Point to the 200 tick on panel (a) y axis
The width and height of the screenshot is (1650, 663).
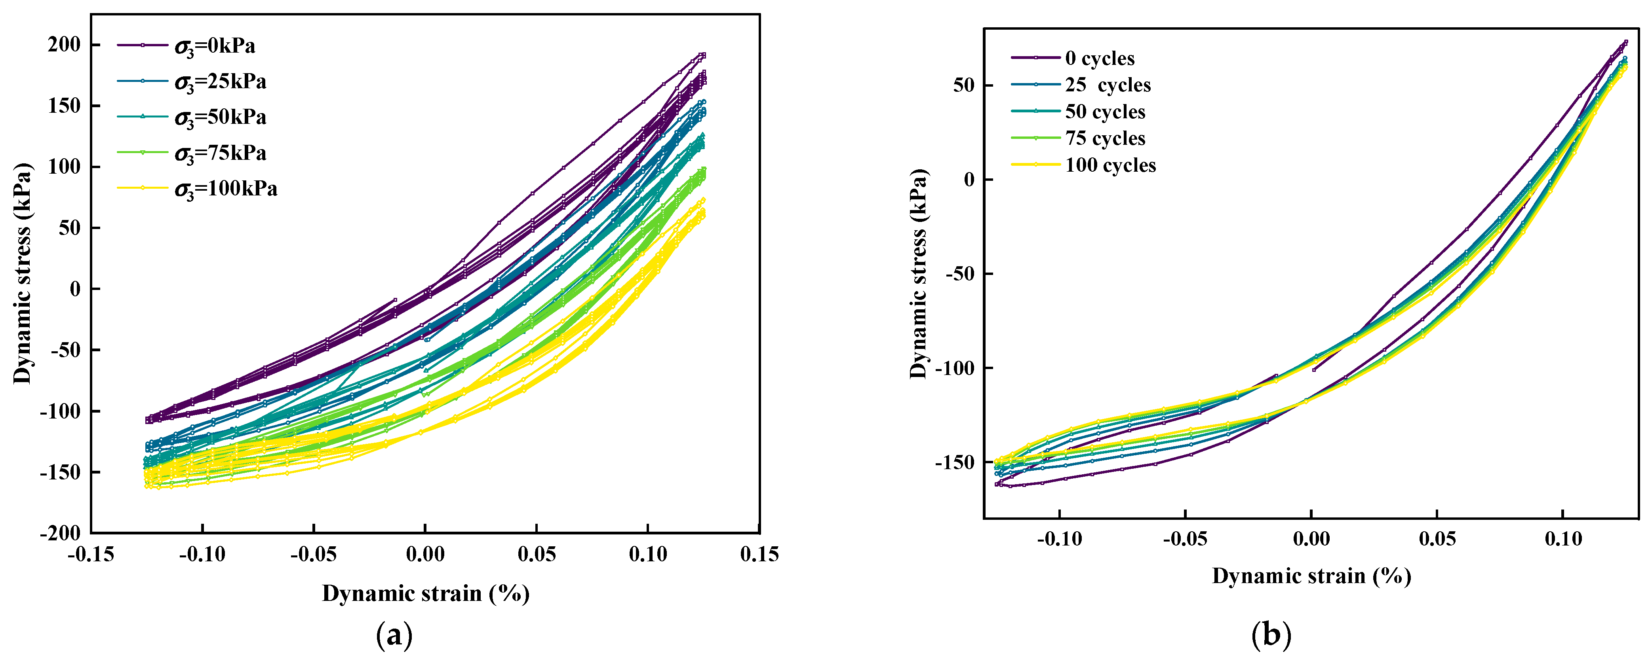[64, 45]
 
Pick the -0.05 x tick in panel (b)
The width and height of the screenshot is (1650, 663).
[1185, 540]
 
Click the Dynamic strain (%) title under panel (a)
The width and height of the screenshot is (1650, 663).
[425, 594]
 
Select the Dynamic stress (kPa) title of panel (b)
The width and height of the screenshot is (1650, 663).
[919, 274]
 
